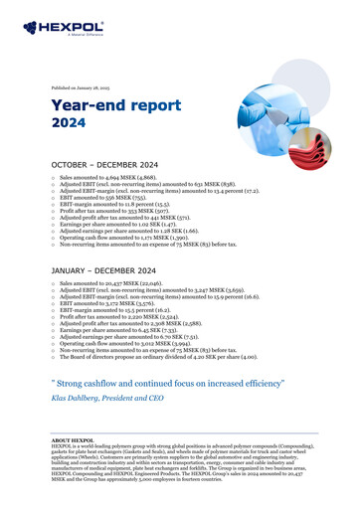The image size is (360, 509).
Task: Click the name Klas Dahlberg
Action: click(85, 394)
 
